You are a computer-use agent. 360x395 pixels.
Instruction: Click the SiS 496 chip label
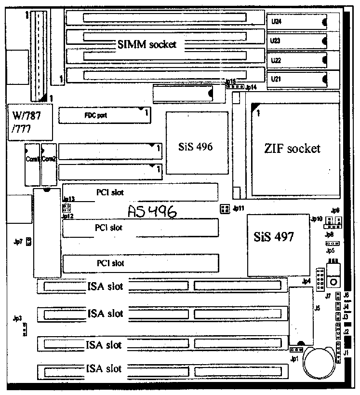click(x=196, y=147)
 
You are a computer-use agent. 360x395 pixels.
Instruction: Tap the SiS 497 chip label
click(x=274, y=236)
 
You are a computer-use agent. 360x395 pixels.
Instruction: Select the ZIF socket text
click(x=292, y=149)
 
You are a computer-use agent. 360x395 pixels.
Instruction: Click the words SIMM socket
click(x=147, y=44)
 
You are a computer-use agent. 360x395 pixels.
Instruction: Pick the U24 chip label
click(x=276, y=22)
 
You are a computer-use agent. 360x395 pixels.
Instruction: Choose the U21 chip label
click(x=276, y=79)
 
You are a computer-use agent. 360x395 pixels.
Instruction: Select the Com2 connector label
click(x=48, y=159)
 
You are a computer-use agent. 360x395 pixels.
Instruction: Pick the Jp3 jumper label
click(x=18, y=318)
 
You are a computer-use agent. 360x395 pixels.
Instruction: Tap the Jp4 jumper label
click(x=306, y=281)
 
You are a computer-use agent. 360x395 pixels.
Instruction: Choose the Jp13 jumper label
click(x=68, y=199)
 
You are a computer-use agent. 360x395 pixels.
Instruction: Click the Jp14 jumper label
click(x=251, y=87)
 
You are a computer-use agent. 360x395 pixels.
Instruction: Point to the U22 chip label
click(x=276, y=60)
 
